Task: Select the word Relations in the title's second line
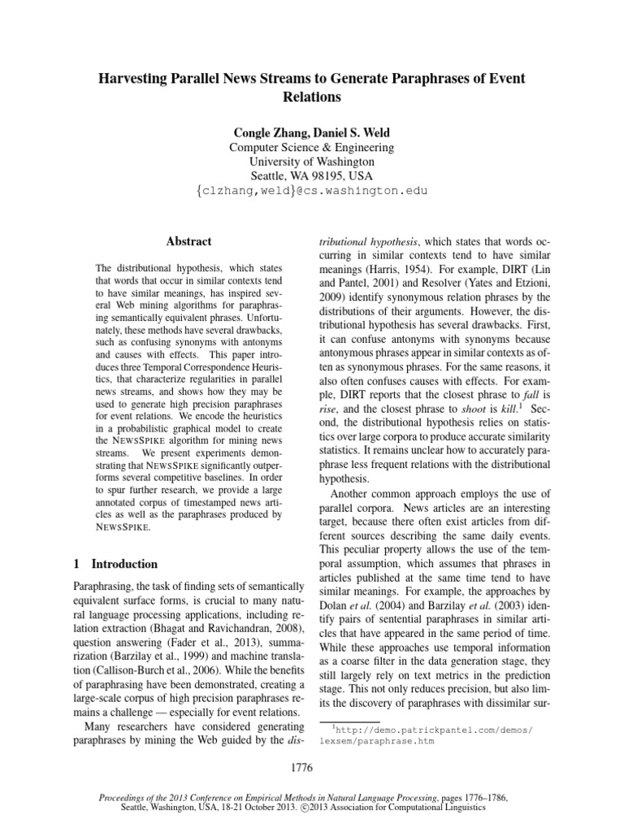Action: pos(312,97)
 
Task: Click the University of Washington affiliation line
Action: pos(312,162)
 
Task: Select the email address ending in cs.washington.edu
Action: pos(312,191)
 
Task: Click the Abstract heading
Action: pos(188,241)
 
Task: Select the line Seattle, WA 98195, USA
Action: pos(312,176)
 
